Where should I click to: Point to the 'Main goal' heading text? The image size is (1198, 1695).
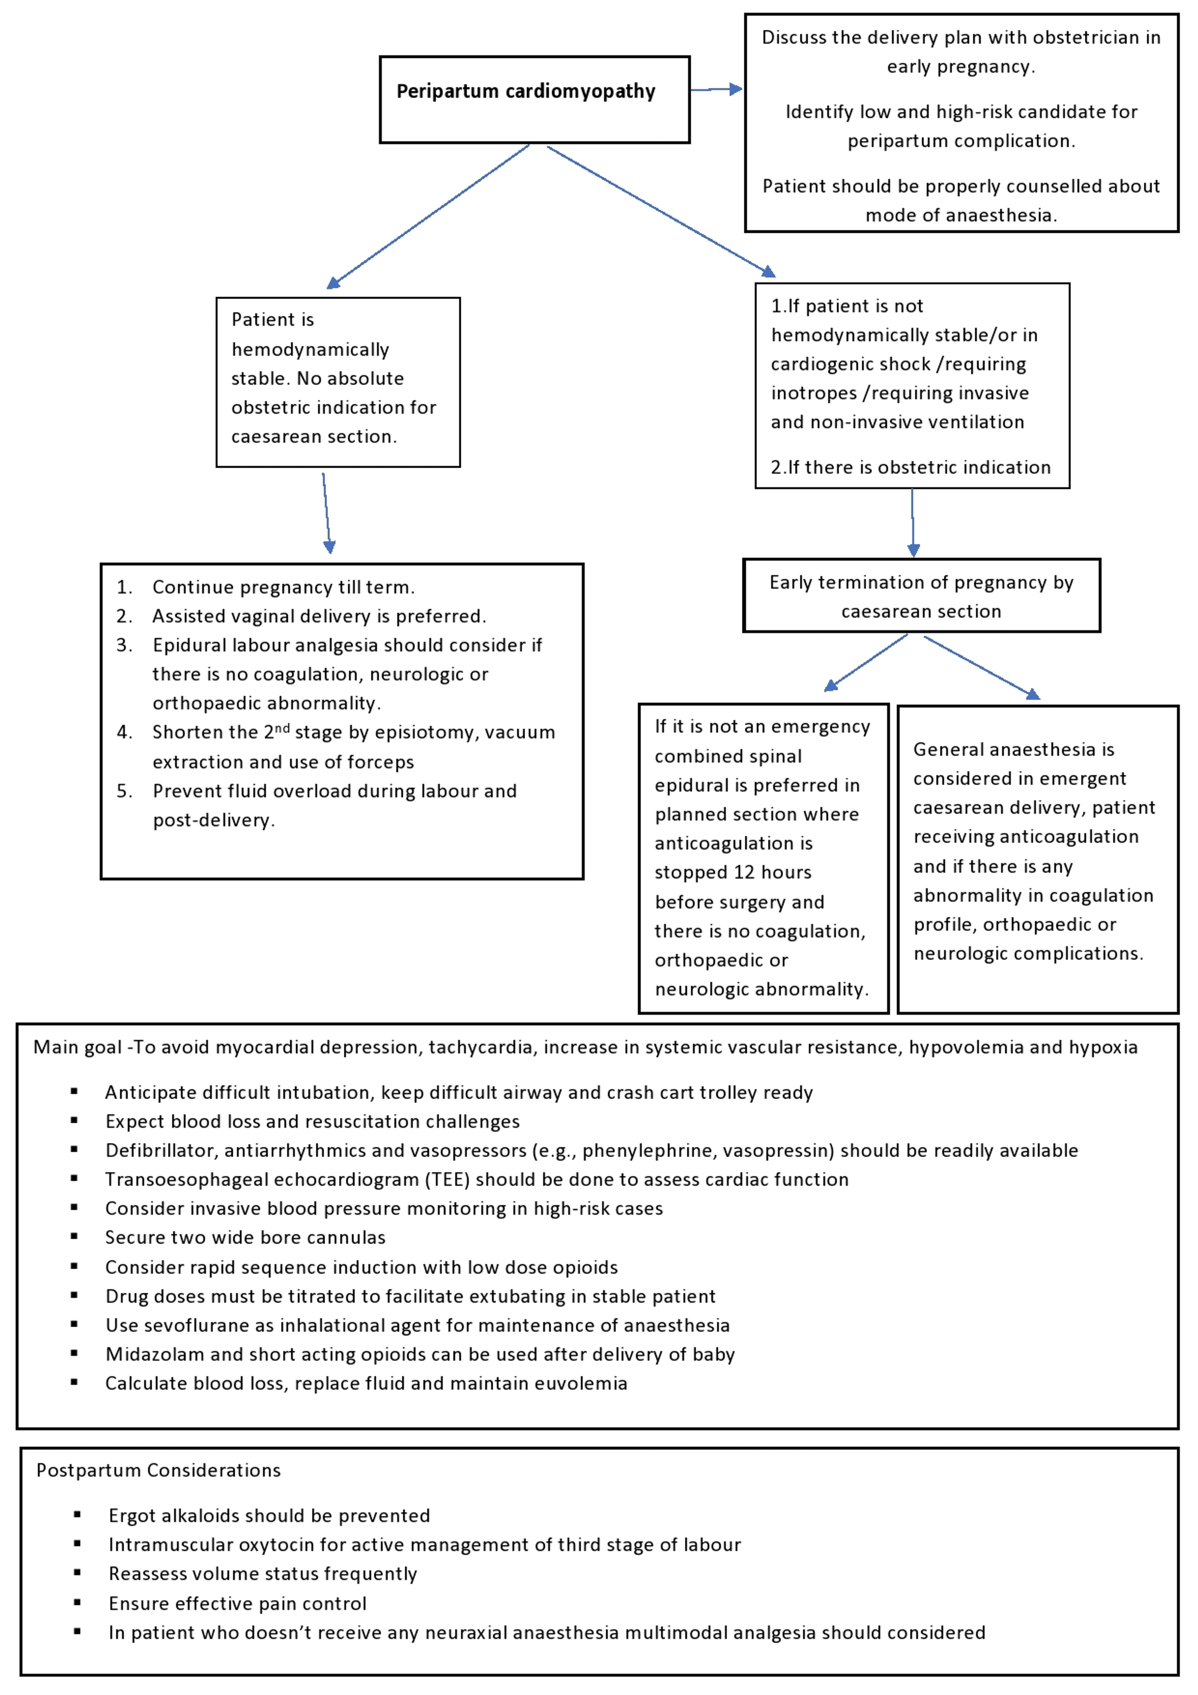click(77, 1047)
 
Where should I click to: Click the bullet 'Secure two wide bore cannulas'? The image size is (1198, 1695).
click(245, 1237)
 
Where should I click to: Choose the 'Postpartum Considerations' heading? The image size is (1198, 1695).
click(159, 1470)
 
